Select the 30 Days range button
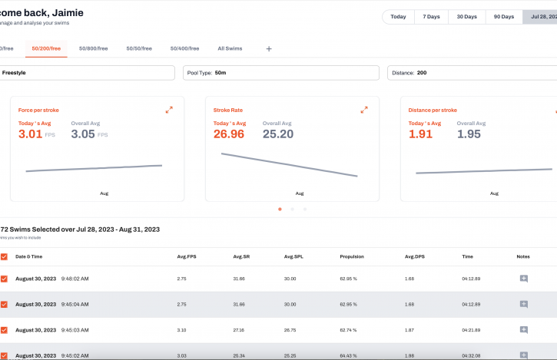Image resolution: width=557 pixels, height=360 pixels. point(467,16)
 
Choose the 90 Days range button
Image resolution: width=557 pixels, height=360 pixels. point(504,16)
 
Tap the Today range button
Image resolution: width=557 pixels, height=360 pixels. point(398,16)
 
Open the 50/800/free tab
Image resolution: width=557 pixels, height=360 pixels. point(94,48)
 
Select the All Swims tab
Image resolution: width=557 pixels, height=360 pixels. point(230,48)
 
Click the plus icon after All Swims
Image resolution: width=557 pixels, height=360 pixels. point(269,49)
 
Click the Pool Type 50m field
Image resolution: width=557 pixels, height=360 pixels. point(281,73)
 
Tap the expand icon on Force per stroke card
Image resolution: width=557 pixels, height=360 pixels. point(169,110)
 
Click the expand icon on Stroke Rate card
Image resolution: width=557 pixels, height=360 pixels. point(364,110)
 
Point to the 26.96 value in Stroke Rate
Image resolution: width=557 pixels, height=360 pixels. point(229,134)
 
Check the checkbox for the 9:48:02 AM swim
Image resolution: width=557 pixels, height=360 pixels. point(5,279)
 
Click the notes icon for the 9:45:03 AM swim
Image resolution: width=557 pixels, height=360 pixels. point(524,330)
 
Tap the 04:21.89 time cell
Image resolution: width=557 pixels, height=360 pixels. point(472,330)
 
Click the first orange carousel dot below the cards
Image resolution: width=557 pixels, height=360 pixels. point(280,209)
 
